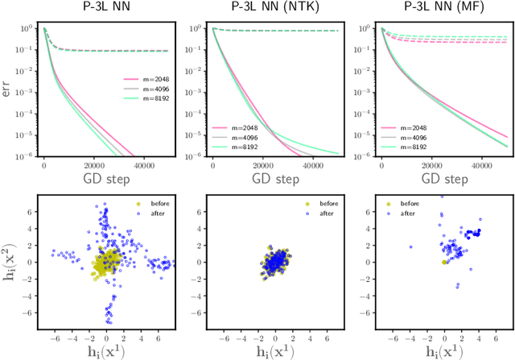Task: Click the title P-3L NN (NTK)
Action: coord(266,8)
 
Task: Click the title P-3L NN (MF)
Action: coord(435,8)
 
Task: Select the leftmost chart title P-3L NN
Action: coord(98,8)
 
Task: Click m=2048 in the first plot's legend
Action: coord(143,80)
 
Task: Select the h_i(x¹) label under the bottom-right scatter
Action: coord(435,350)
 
